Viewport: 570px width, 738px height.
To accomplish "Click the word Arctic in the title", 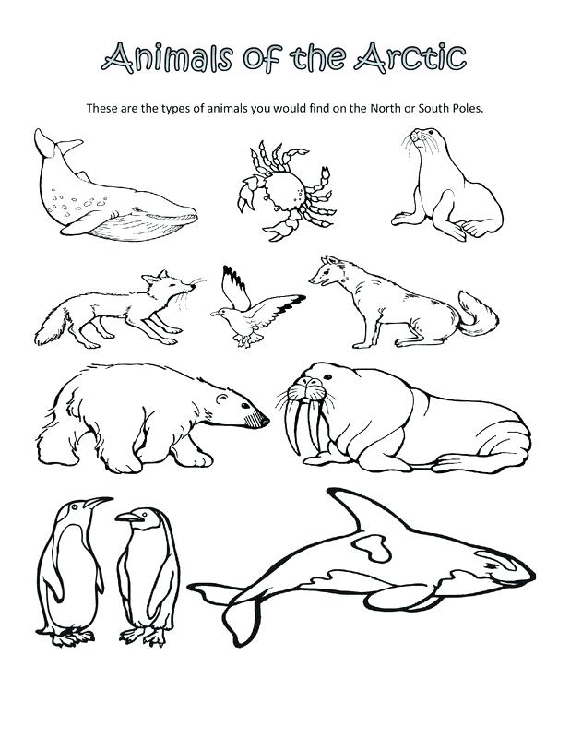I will [405, 56].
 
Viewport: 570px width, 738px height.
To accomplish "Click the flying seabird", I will [253, 309].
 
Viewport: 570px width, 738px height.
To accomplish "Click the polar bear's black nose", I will [267, 422].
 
